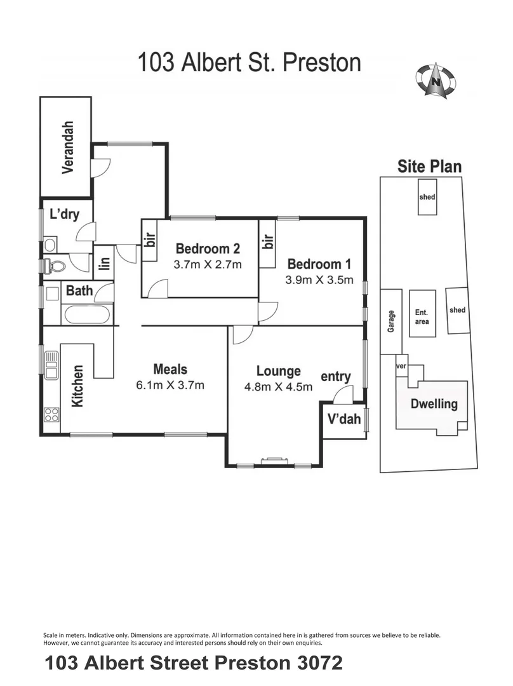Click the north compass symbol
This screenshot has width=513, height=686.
pyautogui.click(x=435, y=81)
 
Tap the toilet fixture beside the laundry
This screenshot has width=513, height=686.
pyautogui.click(x=54, y=265)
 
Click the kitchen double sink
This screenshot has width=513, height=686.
pyautogui.click(x=51, y=365)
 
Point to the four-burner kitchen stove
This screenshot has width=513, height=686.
pyautogui.click(x=51, y=414)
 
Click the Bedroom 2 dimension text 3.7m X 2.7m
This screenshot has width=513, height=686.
pyautogui.click(x=208, y=264)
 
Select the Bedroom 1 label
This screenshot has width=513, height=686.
pyautogui.click(x=319, y=264)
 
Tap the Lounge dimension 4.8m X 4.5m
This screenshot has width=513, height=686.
pyautogui.click(x=279, y=386)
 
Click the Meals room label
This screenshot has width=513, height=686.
pyautogui.click(x=170, y=369)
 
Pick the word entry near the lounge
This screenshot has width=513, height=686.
pyautogui.click(x=336, y=377)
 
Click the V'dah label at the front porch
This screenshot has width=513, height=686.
pyautogui.click(x=344, y=419)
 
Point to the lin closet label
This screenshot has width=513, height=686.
pyautogui.click(x=105, y=262)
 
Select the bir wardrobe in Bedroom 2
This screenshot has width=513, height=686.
pyautogui.click(x=150, y=240)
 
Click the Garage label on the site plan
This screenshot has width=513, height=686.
pyautogui.click(x=391, y=321)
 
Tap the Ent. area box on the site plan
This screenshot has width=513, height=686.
pyautogui.click(x=422, y=314)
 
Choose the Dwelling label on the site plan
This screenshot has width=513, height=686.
pyautogui.click(x=434, y=404)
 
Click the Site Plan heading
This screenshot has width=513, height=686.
pyautogui.click(x=429, y=166)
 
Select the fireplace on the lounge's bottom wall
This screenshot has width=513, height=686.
pyautogui.click(x=274, y=461)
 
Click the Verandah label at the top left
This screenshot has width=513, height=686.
pyautogui.click(x=68, y=147)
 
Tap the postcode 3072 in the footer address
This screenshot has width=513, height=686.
pyautogui.click(x=320, y=662)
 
